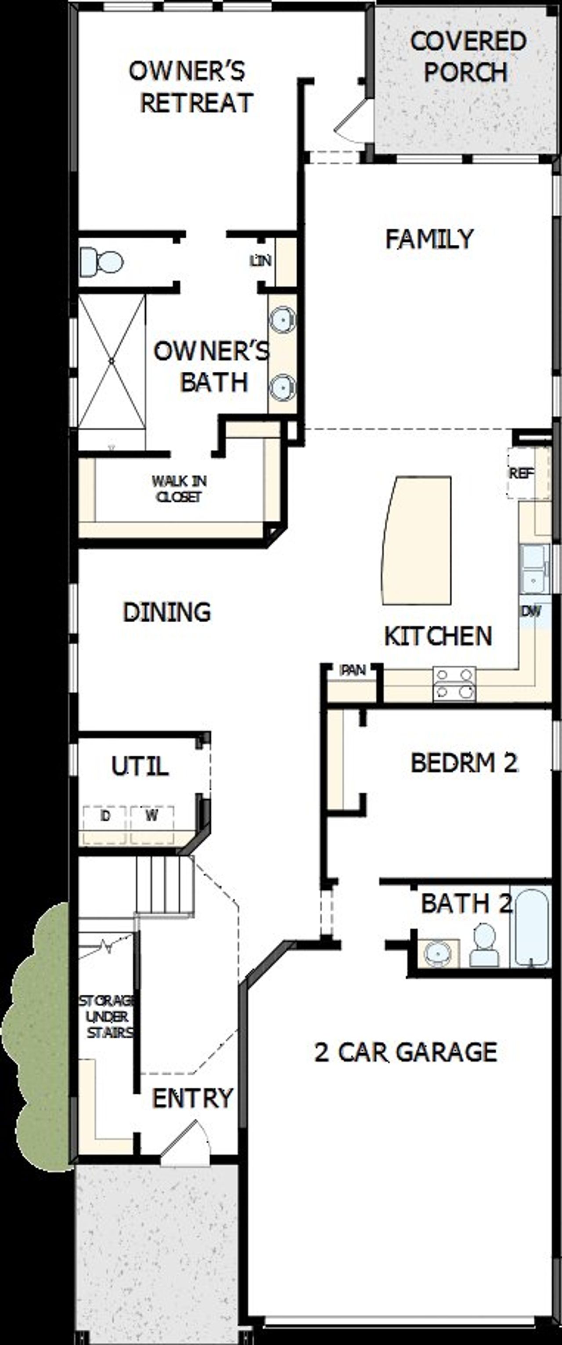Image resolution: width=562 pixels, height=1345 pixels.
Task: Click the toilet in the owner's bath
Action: (102, 261)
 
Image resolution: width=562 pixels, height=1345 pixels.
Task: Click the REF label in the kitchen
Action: (521, 473)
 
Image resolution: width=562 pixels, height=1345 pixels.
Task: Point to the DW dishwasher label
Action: (531, 611)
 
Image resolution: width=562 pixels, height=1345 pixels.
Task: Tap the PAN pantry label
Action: (353, 670)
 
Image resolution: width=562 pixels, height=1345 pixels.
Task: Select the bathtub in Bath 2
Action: (532, 927)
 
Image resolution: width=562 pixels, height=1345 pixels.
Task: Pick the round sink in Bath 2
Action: (438, 953)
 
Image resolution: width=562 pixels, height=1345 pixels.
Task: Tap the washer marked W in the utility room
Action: (152, 816)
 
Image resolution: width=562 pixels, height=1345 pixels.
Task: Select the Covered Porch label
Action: (467, 56)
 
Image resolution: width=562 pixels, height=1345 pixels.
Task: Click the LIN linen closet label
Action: (260, 260)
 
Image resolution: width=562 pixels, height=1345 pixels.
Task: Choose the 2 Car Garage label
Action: (405, 1051)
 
